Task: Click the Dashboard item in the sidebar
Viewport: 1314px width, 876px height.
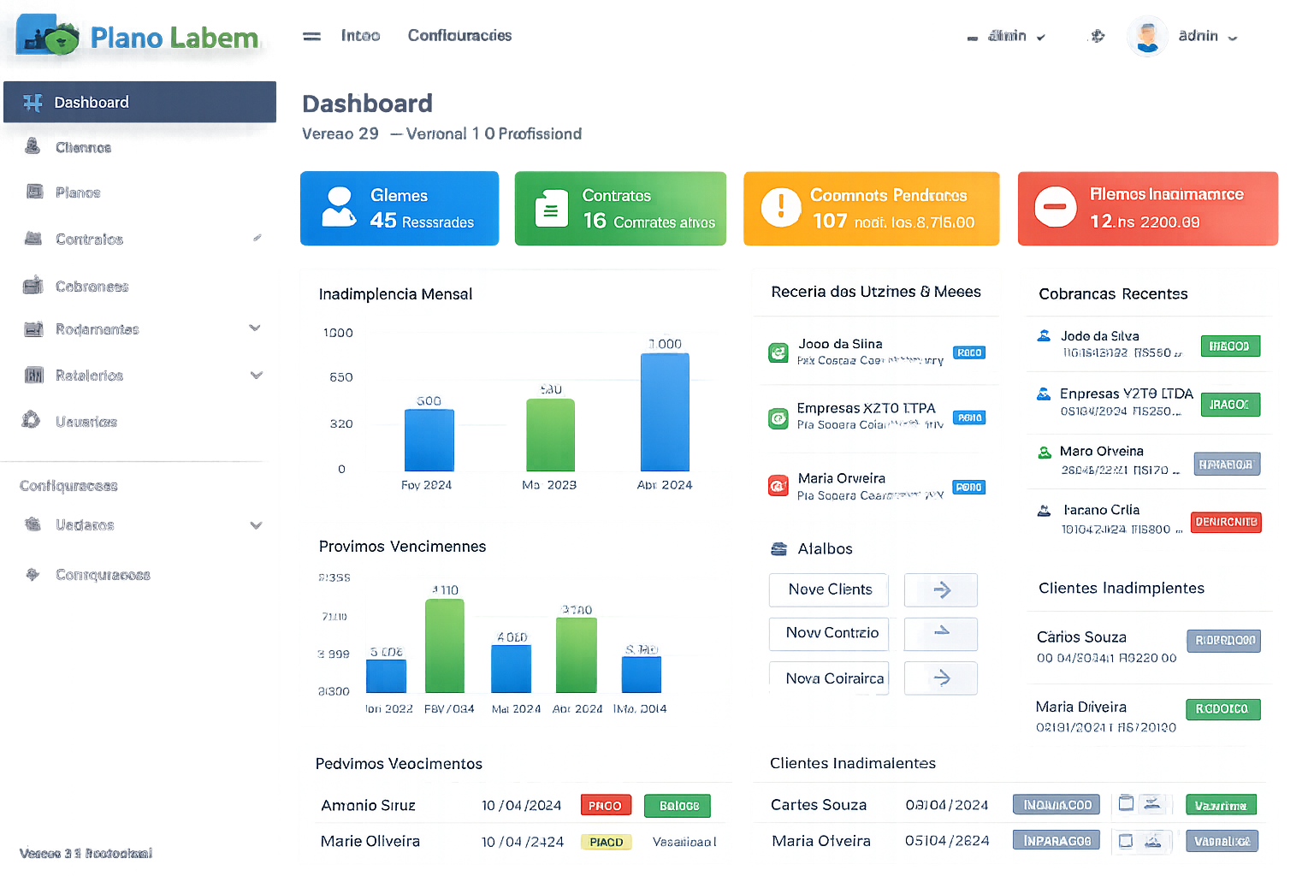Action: pyautogui.click(x=91, y=103)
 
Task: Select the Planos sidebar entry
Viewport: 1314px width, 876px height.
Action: pyautogui.click(x=78, y=192)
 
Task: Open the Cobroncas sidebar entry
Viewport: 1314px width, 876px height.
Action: pyautogui.click(x=92, y=287)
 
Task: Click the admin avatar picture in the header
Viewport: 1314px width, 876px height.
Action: pyautogui.click(x=1147, y=36)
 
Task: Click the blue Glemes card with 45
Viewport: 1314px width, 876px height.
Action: pyautogui.click(x=399, y=208)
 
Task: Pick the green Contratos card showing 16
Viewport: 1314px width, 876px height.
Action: pyautogui.click(x=620, y=208)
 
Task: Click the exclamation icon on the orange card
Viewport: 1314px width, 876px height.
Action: pyautogui.click(x=780, y=207)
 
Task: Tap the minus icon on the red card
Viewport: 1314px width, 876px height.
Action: pyautogui.click(x=1055, y=207)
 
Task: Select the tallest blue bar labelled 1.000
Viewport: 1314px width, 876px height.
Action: pyautogui.click(x=665, y=411)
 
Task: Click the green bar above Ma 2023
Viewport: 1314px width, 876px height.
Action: pyautogui.click(x=550, y=434)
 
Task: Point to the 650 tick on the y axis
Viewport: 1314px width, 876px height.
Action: pyautogui.click(x=341, y=377)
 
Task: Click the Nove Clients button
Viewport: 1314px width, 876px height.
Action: pyautogui.click(x=829, y=589)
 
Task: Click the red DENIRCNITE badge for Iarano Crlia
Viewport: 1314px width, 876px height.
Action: pyautogui.click(x=1226, y=522)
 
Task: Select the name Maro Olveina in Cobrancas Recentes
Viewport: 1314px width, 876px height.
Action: pyautogui.click(x=1101, y=451)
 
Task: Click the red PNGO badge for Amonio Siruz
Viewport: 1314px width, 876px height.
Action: pyautogui.click(x=605, y=806)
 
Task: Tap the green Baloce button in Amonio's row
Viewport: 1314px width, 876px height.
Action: pyautogui.click(x=678, y=806)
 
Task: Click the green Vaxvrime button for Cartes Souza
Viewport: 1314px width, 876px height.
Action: pyautogui.click(x=1221, y=806)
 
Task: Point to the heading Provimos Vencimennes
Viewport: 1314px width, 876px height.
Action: pyautogui.click(x=402, y=547)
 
